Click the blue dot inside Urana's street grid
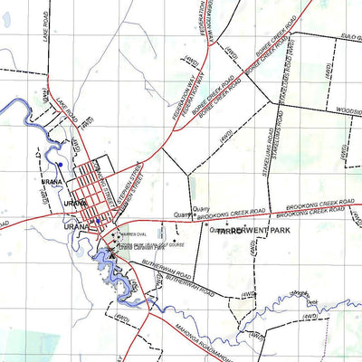point(97,219)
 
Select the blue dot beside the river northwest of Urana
point(59,165)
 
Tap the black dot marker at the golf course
point(176,242)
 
